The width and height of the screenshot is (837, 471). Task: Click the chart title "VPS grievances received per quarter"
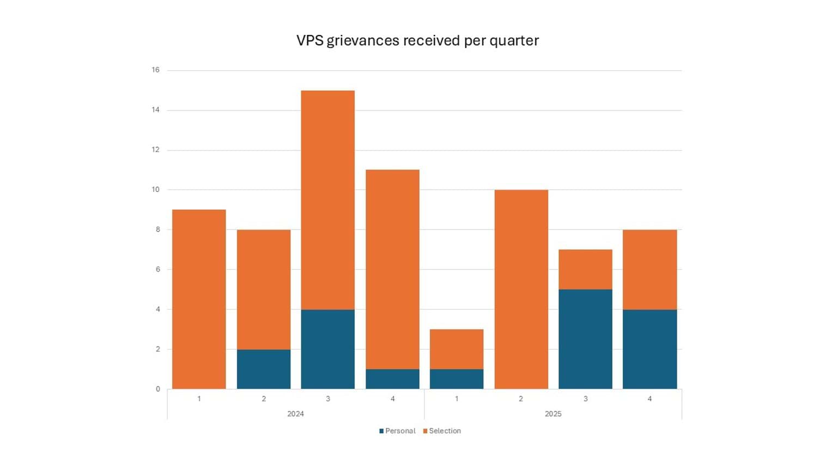[x=417, y=41]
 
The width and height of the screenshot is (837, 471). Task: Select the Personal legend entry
[x=397, y=431]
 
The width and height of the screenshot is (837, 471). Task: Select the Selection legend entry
[x=442, y=431]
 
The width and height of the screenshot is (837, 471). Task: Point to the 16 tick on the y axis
[x=156, y=70]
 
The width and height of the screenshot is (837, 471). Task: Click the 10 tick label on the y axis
[x=156, y=190]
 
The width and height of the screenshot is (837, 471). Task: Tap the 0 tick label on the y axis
[x=158, y=389]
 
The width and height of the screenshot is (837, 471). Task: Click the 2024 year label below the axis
[x=295, y=414]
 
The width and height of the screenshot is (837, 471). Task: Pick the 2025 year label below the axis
[x=553, y=414]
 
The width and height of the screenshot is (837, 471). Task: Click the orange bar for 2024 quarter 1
[x=199, y=299]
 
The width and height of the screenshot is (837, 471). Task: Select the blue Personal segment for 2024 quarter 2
[x=263, y=369]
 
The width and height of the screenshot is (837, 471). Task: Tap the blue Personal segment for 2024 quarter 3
[x=327, y=349]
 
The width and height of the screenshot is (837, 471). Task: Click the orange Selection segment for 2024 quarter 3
[x=327, y=200]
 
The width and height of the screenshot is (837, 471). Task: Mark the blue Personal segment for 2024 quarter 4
[x=392, y=379]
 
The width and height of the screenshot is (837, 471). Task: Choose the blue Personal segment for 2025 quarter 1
[x=457, y=379]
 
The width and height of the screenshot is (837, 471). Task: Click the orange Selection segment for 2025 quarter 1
[x=457, y=349]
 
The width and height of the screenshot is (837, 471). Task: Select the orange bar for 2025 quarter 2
[x=521, y=289]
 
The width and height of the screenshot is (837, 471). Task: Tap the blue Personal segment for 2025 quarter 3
[x=585, y=339]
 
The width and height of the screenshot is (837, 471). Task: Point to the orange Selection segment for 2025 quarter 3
[x=585, y=269]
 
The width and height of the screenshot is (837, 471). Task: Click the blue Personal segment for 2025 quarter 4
[x=650, y=349]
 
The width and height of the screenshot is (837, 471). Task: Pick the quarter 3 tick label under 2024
[x=328, y=399]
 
